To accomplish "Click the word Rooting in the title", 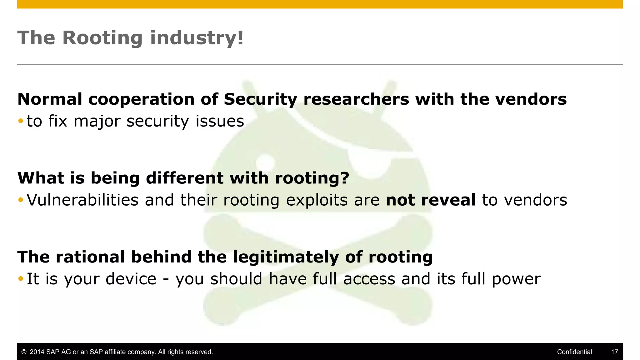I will coord(102,38).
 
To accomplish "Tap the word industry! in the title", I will coord(197,38).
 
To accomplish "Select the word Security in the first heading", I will coord(260,99).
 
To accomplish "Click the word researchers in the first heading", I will coord(356,99).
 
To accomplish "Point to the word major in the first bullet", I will coord(97,121).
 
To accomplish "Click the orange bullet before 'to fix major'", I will coord(21,121).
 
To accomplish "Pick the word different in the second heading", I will coord(185,178).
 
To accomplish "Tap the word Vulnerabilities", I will coord(82,200).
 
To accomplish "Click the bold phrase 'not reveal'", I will coord(431,200).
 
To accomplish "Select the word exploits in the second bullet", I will coord(317,201).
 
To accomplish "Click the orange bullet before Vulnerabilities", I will coord(21,200).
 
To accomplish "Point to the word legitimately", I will coord(286,257).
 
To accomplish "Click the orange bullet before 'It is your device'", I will coord(21,278).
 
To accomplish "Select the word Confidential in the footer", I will coord(574,352).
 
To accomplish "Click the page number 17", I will coord(614,352).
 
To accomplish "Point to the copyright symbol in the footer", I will coord(24,352).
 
